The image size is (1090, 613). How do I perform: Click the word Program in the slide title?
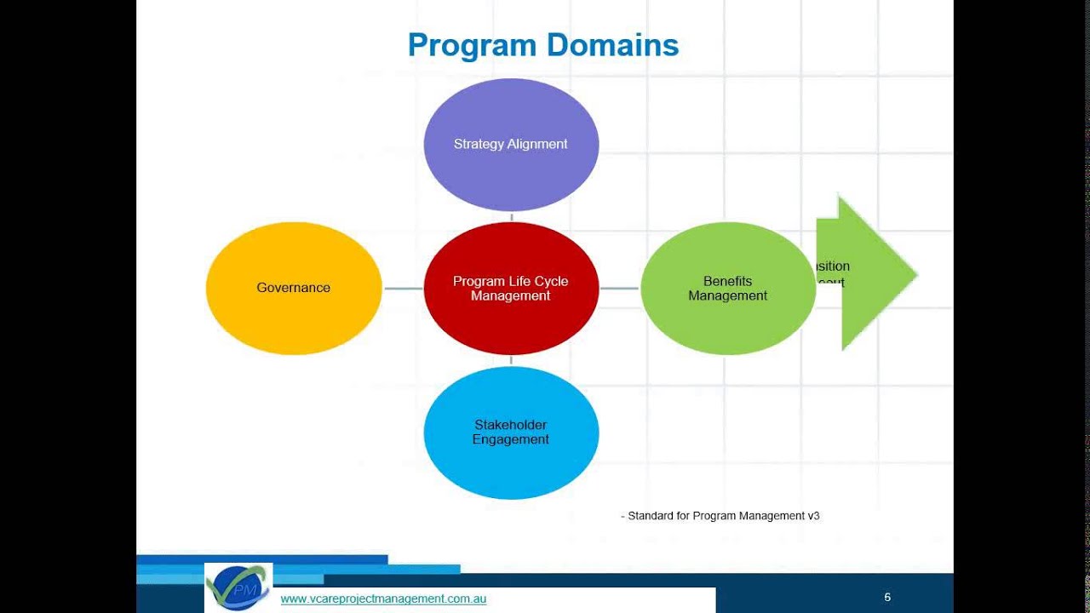462,46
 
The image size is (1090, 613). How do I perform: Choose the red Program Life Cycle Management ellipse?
511,324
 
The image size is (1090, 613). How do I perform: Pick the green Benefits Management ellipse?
728,324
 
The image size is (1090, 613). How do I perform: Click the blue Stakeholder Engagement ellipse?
511,468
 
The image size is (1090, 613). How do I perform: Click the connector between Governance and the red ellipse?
403,289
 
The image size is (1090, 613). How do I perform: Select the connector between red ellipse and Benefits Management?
619,289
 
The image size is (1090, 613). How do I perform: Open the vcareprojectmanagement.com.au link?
383,599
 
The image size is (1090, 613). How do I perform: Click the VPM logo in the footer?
238,587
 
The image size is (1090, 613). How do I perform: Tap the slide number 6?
887,597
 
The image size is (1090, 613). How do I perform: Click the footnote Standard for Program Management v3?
720,515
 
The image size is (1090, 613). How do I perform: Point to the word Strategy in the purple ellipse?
478,144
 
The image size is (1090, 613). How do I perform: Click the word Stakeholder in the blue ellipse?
510,425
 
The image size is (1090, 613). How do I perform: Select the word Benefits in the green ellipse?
727,281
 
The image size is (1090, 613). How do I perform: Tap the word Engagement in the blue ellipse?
510,439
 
